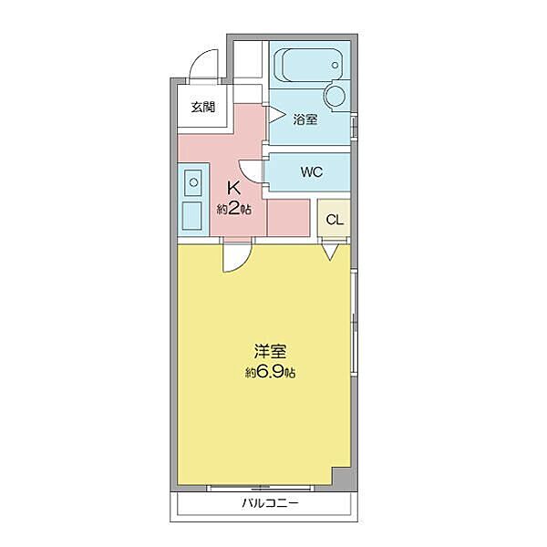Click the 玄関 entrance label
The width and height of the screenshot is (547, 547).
point(202,107)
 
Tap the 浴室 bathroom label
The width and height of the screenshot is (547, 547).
point(306,119)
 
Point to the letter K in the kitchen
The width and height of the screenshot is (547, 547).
point(233,189)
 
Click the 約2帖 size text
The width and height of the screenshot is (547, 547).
point(234,209)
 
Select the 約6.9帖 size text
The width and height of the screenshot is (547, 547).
point(269,372)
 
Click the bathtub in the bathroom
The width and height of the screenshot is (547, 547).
point(310,65)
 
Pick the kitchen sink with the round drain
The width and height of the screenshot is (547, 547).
point(193,183)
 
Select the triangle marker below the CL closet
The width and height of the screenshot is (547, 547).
point(330,251)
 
